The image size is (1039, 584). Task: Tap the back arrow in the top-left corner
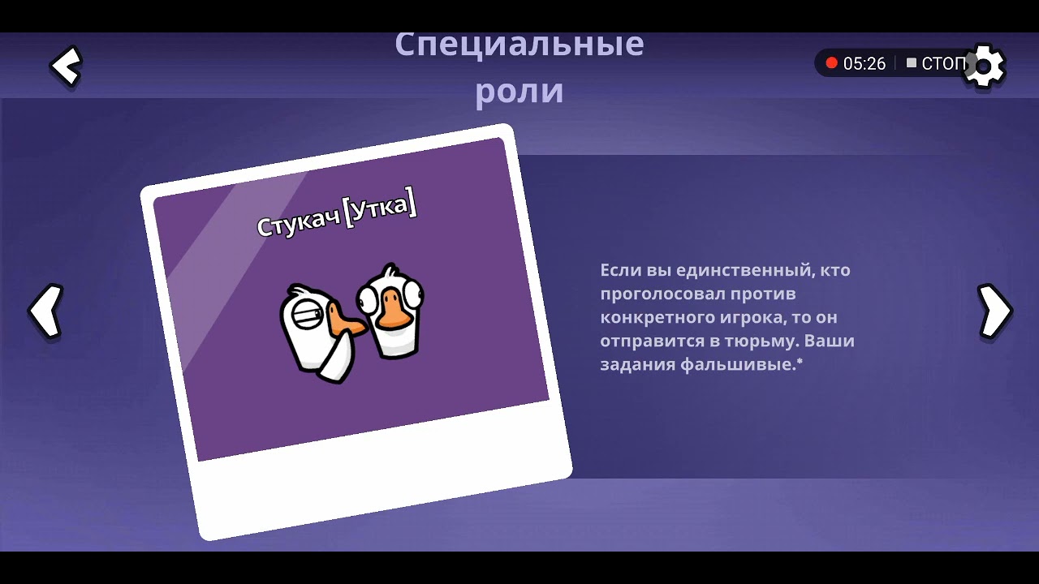tap(66, 67)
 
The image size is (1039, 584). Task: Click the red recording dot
tap(831, 63)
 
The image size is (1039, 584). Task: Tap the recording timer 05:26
tap(864, 63)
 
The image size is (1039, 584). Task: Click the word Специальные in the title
tap(519, 45)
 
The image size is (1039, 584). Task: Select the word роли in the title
tap(519, 91)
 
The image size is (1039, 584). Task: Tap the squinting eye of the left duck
tap(306, 313)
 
